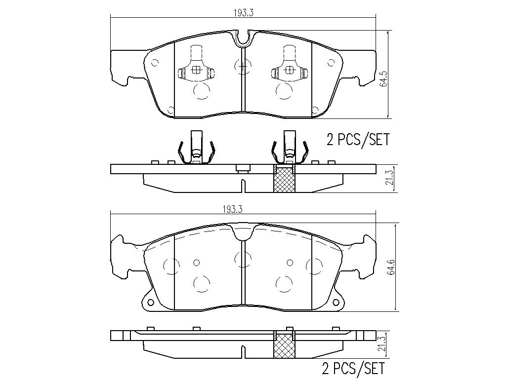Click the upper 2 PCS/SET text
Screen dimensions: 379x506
click(358, 140)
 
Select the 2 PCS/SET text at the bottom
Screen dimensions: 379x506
click(353, 368)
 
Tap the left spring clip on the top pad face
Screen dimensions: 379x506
click(196, 69)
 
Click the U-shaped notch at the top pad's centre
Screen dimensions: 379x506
click(243, 38)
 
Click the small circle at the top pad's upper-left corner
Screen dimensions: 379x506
click(155, 63)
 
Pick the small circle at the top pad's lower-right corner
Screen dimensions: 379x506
click(315, 110)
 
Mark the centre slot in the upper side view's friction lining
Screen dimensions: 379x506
click(243, 186)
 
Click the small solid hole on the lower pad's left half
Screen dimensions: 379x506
click(197, 263)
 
